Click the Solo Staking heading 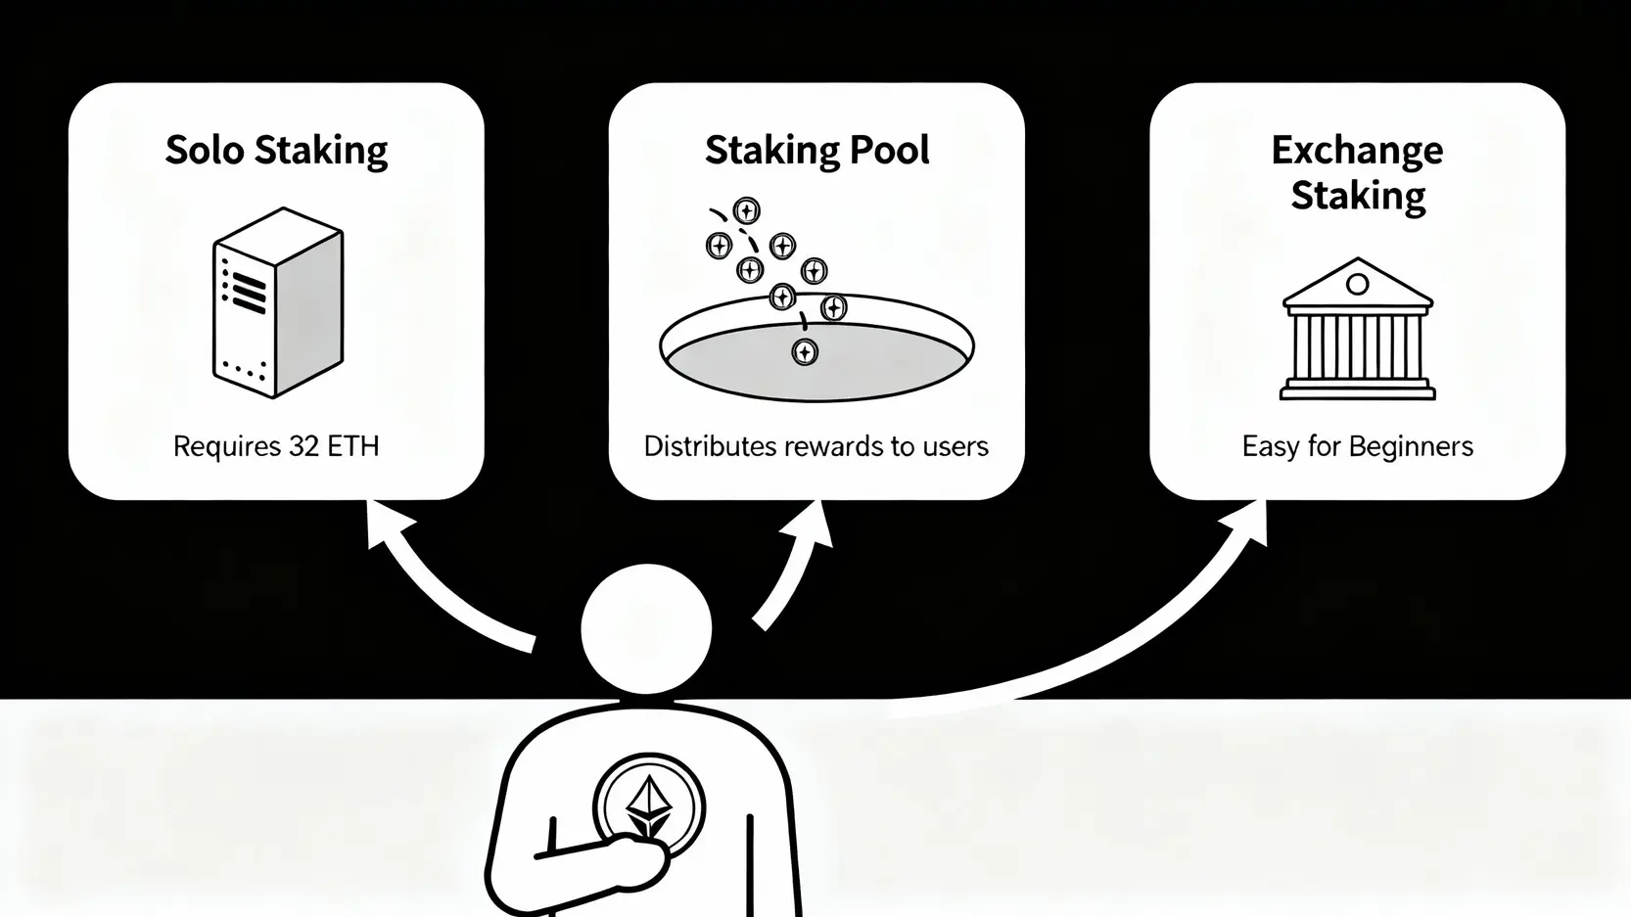tap(276, 151)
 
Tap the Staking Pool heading tap(816, 151)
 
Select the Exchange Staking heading tap(1357, 172)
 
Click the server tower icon tap(278, 302)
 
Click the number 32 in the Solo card tap(303, 446)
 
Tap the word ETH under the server tap(352, 446)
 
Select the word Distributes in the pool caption tap(710, 446)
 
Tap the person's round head tap(646, 629)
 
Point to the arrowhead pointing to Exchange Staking tap(1247, 522)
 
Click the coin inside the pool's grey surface tap(805, 351)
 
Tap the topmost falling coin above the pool tap(746, 210)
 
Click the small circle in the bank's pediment tap(1357, 285)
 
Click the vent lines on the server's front tap(246, 291)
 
